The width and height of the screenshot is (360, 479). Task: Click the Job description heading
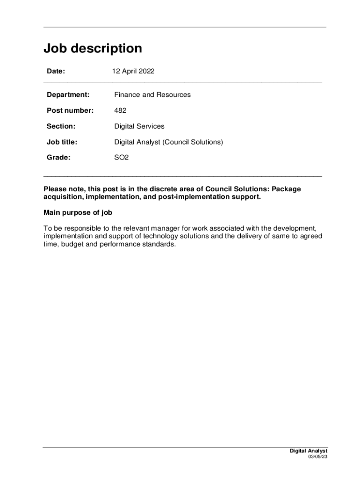click(93, 49)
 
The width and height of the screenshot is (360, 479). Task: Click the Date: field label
click(56, 72)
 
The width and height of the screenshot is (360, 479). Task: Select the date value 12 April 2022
click(133, 72)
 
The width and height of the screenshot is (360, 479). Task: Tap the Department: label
click(68, 95)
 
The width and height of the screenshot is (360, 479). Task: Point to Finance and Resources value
click(152, 95)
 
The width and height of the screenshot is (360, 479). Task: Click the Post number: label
click(70, 111)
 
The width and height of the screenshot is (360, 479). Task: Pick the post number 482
click(120, 111)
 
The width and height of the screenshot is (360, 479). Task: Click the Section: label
click(61, 126)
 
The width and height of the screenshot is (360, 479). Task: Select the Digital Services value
click(139, 126)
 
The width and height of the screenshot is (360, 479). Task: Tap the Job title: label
click(62, 142)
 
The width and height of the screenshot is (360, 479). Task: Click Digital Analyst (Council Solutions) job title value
click(168, 142)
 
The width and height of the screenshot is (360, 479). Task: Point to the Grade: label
click(58, 158)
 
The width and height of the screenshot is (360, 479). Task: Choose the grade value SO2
click(121, 158)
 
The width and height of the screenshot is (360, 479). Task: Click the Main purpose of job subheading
click(78, 213)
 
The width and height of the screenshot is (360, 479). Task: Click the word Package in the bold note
click(287, 189)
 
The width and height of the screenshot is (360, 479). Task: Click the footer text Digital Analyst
click(309, 451)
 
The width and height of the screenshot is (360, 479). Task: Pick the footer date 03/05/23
click(318, 457)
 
